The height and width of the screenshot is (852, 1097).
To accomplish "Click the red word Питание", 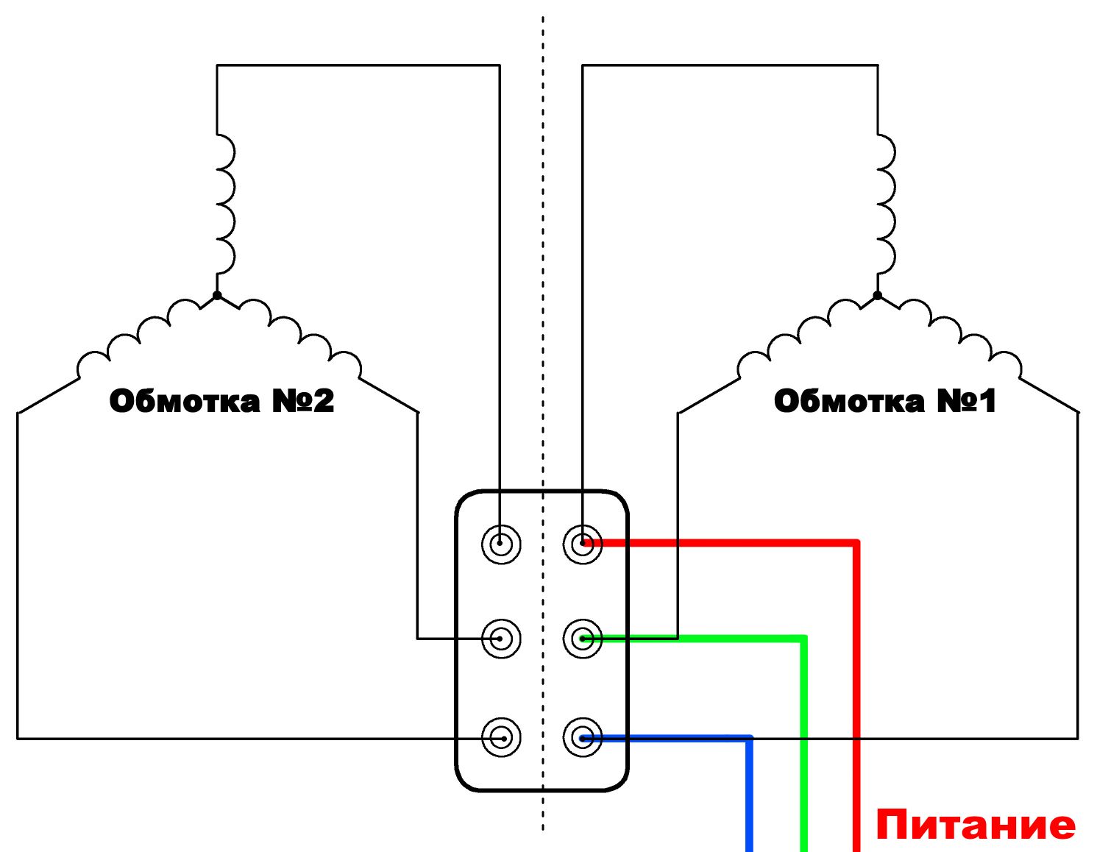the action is click(975, 825).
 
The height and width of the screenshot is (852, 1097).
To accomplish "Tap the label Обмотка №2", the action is click(221, 401).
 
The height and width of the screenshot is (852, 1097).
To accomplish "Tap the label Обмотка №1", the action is click(884, 401).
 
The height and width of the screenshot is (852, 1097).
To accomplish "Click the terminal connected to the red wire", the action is click(583, 544).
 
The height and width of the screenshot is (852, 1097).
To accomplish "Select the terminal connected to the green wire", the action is click(583, 639).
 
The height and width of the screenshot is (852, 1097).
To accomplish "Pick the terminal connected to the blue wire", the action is click(583, 738).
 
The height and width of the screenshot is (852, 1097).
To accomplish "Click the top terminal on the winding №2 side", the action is click(501, 544).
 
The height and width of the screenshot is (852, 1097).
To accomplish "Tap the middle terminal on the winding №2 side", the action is click(501, 639).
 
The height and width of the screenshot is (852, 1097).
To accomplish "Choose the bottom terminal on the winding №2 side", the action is click(501, 738).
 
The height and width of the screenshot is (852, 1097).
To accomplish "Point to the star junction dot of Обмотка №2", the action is click(217, 295).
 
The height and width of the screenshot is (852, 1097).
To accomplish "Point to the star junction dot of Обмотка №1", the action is click(878, 295).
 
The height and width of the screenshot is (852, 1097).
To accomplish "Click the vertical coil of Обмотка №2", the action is click(226, 204).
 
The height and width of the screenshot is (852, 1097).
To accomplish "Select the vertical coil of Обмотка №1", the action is click(886, 204).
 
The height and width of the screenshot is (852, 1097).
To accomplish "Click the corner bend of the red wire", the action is click(856, 544).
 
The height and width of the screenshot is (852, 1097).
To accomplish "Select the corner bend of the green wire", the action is click(803, 639).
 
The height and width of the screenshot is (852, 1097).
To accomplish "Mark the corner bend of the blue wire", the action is click(749, 739).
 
